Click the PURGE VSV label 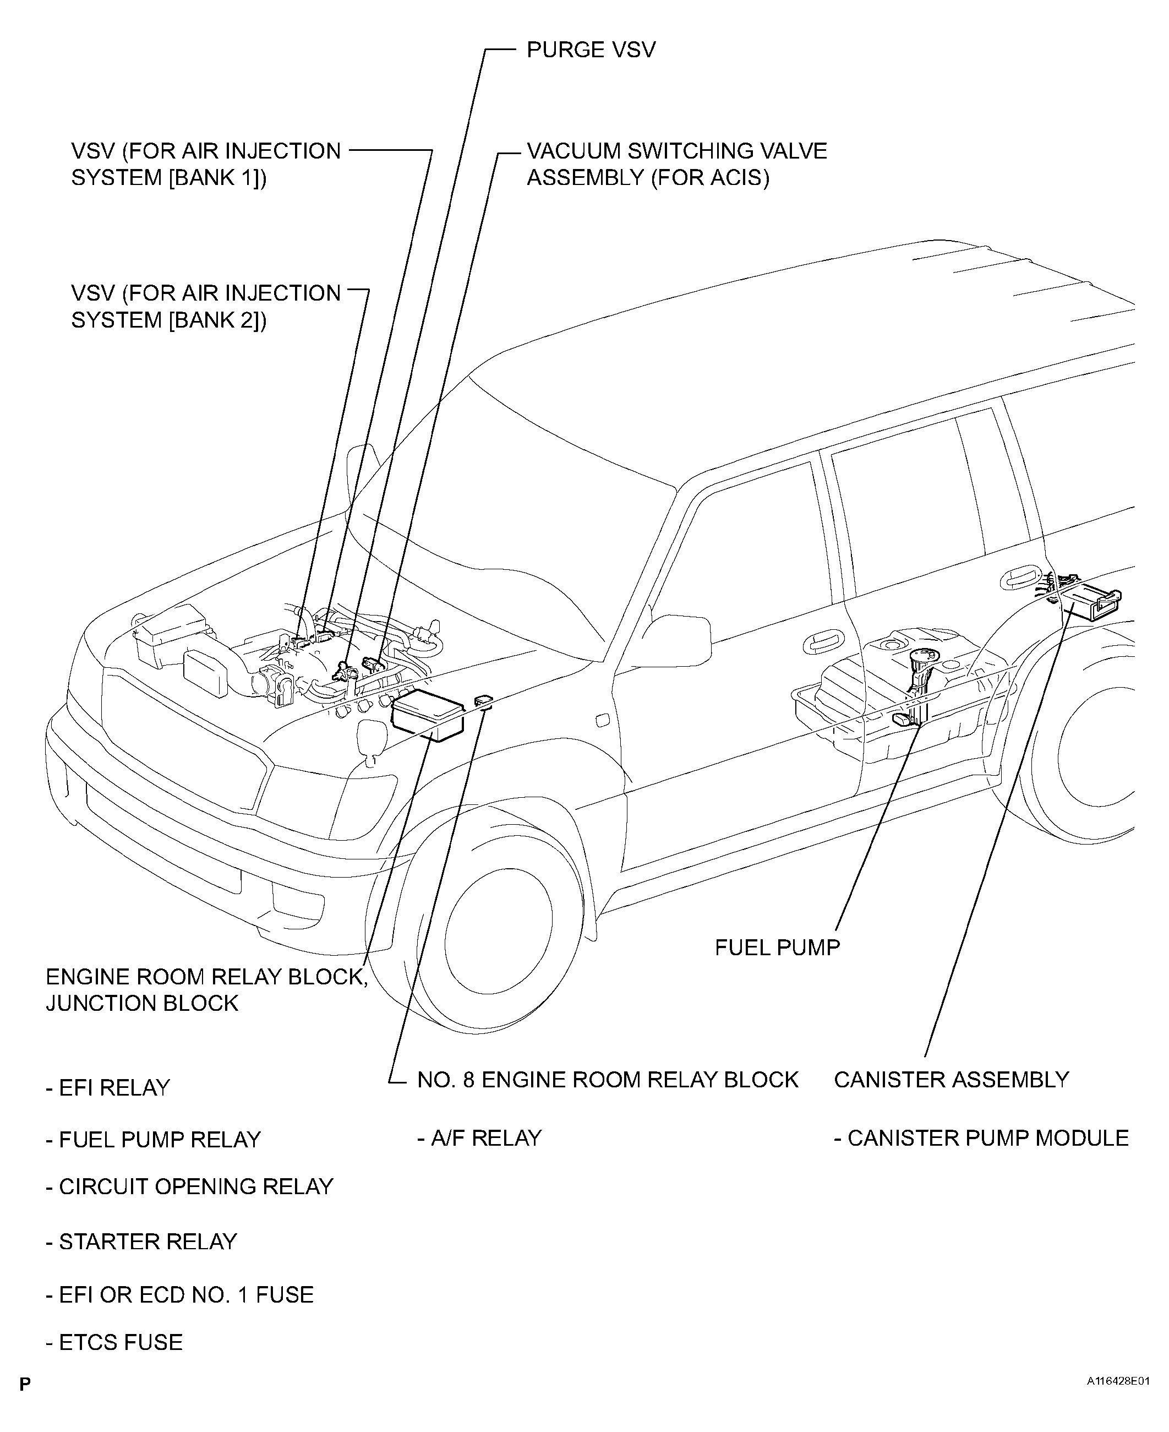pos(591,50)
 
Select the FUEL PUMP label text pos(777,948)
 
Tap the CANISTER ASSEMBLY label pos(951,1080)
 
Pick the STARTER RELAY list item pos(141,1242)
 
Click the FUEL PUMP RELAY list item pos(154,1139)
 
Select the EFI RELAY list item pos(108,1088)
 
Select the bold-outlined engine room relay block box pos(428,715)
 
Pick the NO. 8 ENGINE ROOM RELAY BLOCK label pos(608,1080)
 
